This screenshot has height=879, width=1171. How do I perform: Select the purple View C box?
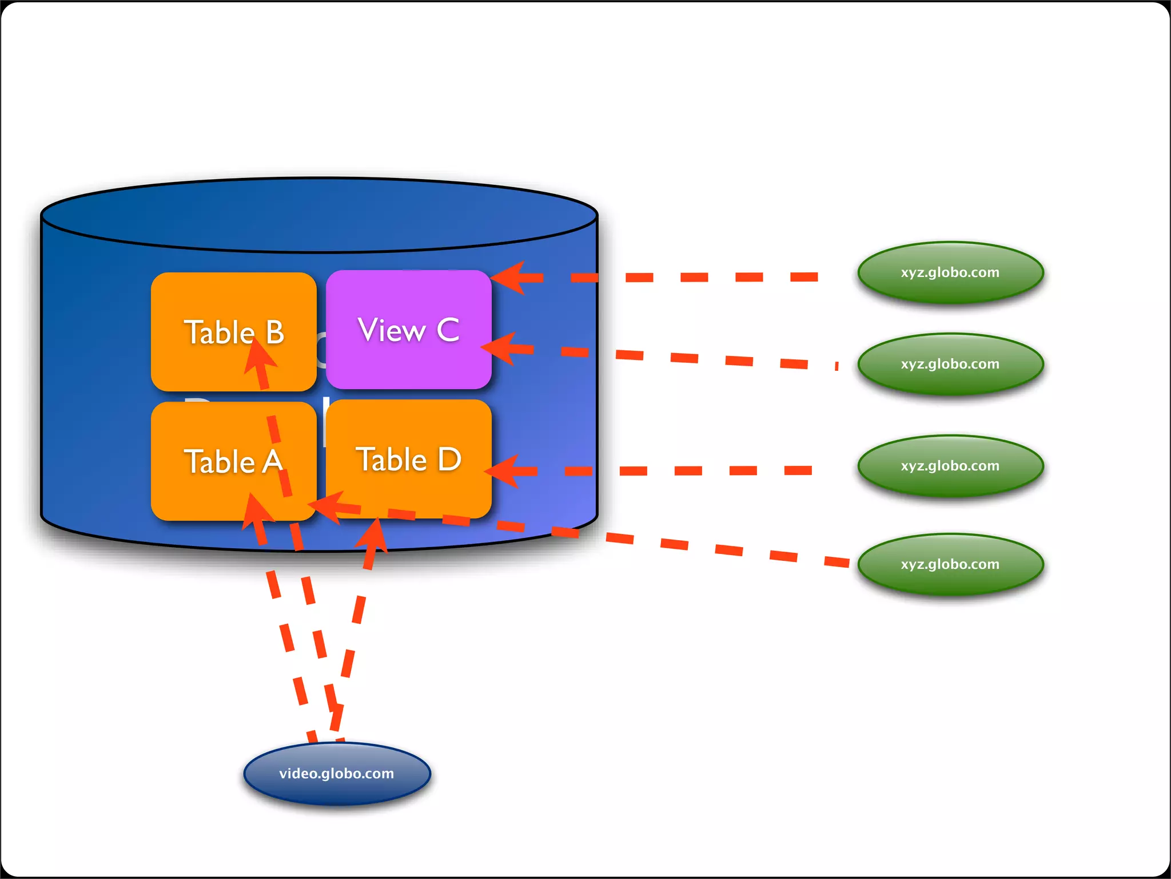[408, 355]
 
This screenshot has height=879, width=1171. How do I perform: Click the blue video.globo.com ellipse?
[337, 773]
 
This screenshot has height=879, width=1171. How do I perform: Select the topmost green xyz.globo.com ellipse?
[950, 272]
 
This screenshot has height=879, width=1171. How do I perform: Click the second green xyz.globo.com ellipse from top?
[950, 364]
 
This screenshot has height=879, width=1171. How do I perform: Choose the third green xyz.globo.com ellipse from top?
[950, 466]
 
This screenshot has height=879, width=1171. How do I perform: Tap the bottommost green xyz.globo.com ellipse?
[950, 564]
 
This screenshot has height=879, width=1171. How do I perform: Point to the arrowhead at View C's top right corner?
[509, 278]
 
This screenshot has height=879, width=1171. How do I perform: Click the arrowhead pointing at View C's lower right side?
[501, 348]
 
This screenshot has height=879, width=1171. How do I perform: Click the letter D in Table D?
[449, 460]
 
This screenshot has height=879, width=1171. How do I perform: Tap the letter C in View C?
[448, 330]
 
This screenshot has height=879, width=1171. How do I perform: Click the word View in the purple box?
[392, 330]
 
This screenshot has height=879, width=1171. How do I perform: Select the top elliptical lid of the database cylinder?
[319, 215]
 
